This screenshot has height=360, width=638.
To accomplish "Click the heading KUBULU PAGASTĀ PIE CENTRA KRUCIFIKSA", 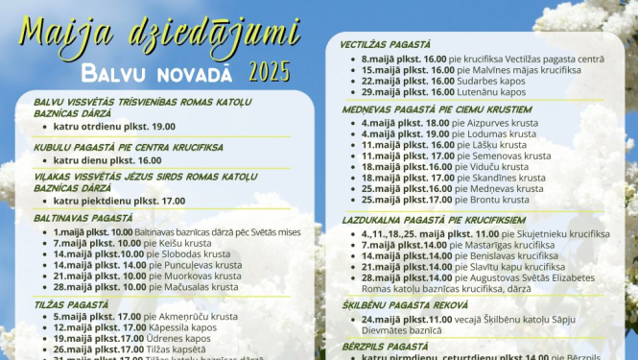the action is (x=129, y=147).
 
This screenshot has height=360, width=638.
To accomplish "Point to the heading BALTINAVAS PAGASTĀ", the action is (x=83, y=219).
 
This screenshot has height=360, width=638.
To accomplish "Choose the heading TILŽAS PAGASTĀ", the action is (x=71, y=304).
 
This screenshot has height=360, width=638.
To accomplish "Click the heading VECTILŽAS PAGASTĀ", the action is (x=386, y=45).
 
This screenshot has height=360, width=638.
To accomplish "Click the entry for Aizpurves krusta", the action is (x=445, y=123).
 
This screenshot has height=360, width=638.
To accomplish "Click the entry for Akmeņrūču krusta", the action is (x=145, y=316).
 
